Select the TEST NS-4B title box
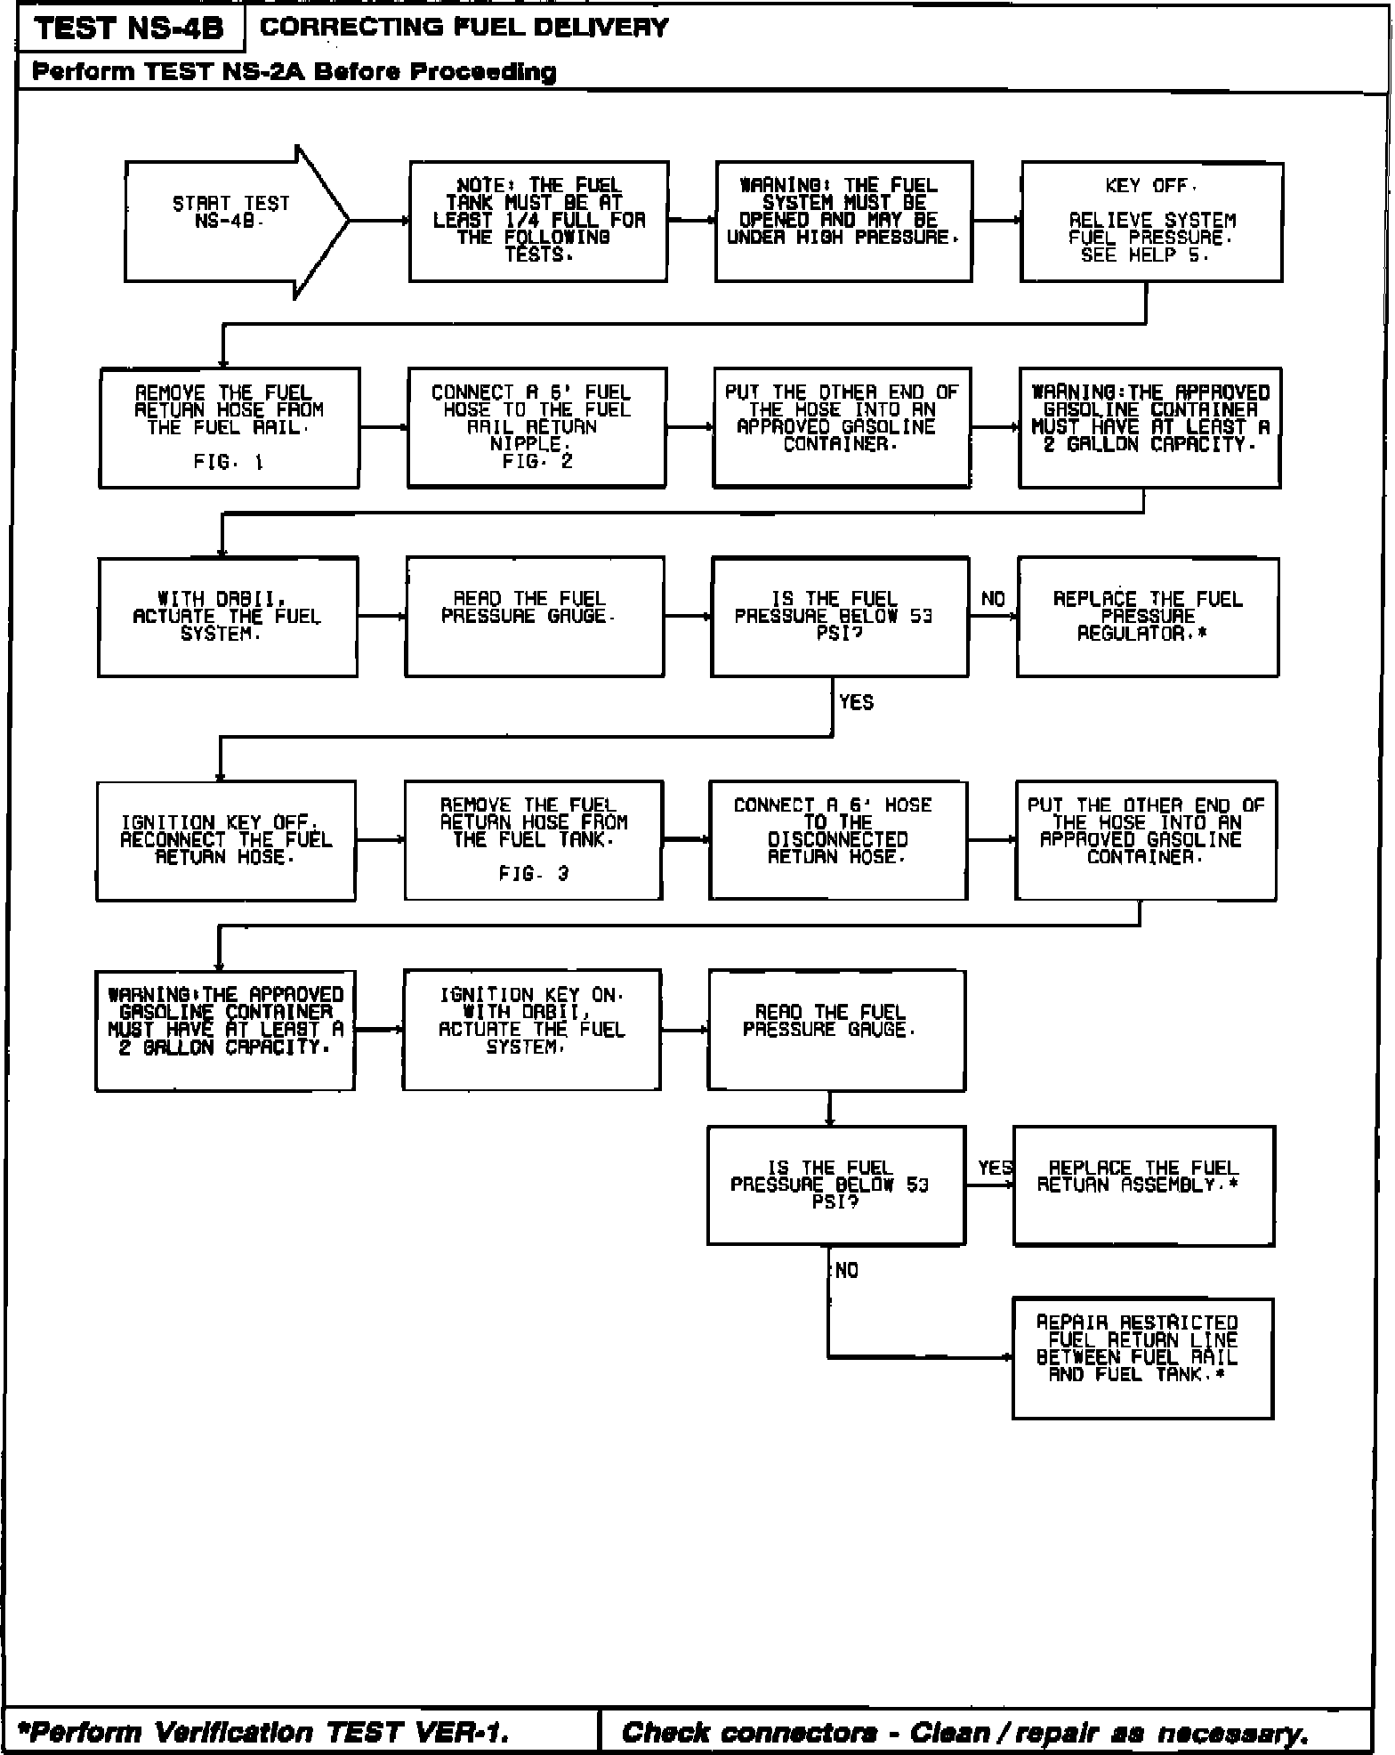(x=130, y=28)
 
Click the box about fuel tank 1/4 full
(x=538, y=221)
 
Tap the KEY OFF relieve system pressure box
(x=1151, y=222)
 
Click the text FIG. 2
(x=536, y=461)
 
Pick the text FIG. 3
(x=533, y=874)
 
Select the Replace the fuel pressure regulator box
(x=1148, y=617)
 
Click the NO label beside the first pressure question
(x=993, y=599)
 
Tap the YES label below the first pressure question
(x=856, y=702)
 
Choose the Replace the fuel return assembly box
(x=1143, y=1185)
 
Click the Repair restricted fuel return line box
(x=1142, y=1357)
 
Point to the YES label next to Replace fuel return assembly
(x=995, y=1168)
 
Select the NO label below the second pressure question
(x=847, y=1271)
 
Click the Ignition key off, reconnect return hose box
(x=226, y=840)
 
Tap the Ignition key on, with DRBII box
(x=532, y=1029)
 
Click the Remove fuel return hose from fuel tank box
(x=533, y=840)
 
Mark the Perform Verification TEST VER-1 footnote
(x=263, y=1731)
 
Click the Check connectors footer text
(x=964, y=1731)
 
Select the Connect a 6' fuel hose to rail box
(x=536, y=427)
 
